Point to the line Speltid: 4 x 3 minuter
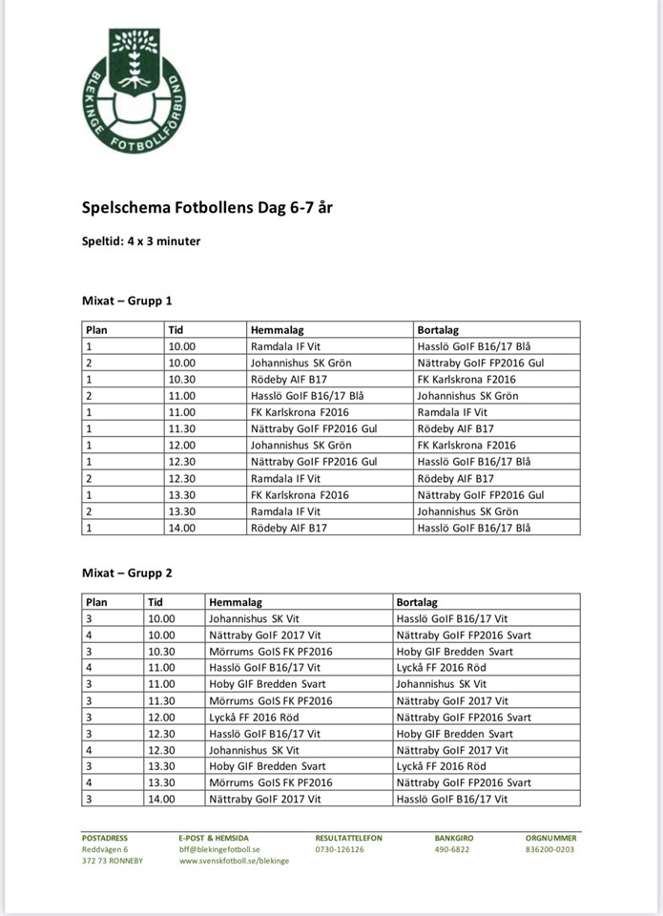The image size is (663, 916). point(141,241)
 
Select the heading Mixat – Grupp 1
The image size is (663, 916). point(127,301)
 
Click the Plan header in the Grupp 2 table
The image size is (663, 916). point(96,602)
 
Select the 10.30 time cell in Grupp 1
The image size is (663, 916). point(181,379)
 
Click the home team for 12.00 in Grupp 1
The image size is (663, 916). point(300,446)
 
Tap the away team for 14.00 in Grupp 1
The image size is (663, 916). point(474,528)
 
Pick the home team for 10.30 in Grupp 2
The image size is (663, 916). point(270,652)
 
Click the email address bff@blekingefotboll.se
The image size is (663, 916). point(219,849)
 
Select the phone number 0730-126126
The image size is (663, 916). point(339,849)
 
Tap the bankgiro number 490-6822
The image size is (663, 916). point(452,849)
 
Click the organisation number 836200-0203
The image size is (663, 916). point(550,849)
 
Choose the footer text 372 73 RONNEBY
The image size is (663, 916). point(112,861)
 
